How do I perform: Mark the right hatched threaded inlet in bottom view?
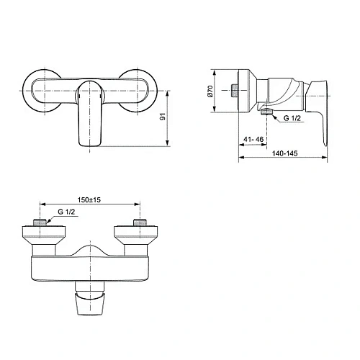(x=140, y=222)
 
